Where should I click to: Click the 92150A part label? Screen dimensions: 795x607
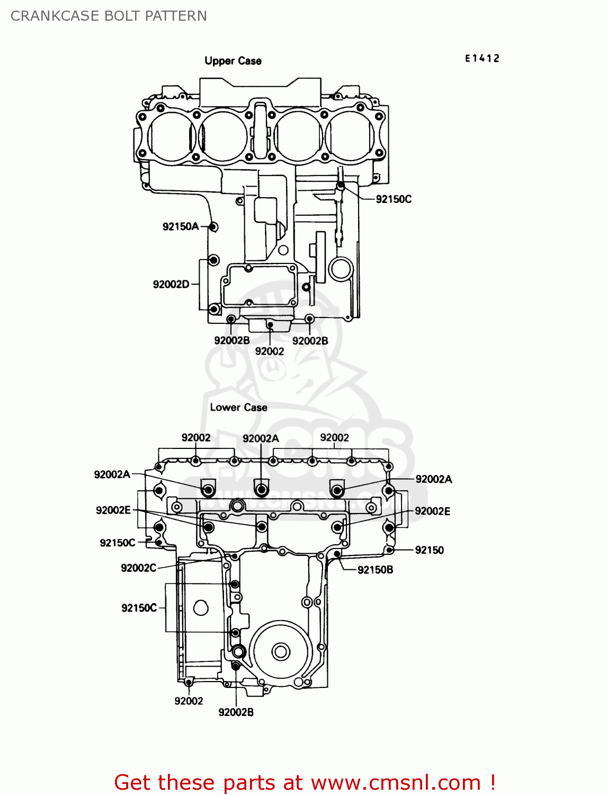click(180, 226)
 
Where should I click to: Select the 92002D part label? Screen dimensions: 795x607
click(171, 284)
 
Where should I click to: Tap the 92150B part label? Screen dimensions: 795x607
click(375, 570)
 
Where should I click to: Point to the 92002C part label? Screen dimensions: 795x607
click(138, 568)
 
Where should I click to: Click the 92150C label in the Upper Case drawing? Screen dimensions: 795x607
click(394, 199)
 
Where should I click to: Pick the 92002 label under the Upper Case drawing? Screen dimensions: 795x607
click(269, 351)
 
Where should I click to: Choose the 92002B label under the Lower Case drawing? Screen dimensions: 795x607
click(236, 712)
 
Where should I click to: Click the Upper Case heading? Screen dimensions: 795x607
click(233, 61)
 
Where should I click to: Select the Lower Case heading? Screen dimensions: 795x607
click(238, 408)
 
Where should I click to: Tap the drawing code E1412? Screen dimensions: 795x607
click(482, 58)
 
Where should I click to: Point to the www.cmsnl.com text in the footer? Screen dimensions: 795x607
click(396, 782)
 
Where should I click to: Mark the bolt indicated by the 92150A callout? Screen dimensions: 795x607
click(213, 227)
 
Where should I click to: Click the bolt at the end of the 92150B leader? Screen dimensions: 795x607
click(337, 554)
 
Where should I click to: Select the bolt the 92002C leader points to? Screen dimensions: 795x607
click(234, 556)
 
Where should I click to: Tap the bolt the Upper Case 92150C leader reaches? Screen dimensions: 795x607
click(341, 185)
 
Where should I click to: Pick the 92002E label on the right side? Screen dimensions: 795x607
click(432, 511)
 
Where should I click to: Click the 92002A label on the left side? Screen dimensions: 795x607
click(112, 474)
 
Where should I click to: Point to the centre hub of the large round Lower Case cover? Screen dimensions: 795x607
click(280, 651)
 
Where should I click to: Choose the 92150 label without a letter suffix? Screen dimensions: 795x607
click(429, 550)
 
